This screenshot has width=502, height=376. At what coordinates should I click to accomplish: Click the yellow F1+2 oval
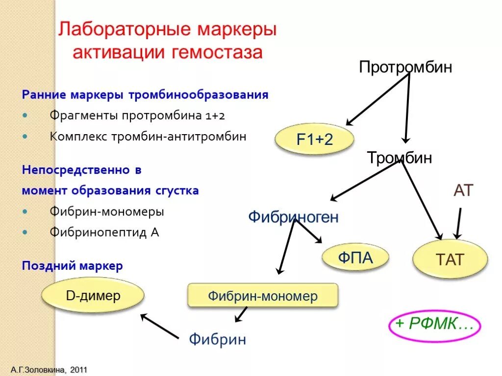click(314, 140)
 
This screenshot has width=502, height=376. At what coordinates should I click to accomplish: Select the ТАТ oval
click(450, 259)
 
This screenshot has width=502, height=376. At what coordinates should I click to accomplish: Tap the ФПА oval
click(355, 258)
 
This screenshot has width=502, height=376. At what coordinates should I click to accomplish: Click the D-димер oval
click(93, 296)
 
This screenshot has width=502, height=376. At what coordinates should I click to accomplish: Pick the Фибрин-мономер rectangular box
click(263, 296)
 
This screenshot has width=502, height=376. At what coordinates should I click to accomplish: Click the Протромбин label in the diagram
click(405, 67)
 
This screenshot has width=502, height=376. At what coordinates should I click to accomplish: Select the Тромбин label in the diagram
click(400, 158)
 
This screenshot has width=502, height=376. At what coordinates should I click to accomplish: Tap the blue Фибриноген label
click(293, 216)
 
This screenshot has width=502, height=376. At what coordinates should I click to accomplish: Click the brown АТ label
click(463, 191)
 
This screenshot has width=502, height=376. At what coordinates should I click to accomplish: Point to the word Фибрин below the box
click(218, 339)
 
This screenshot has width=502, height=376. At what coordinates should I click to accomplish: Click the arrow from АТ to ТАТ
click(458, 223)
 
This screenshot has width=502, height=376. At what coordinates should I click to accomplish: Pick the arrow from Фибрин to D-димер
click(159, 326)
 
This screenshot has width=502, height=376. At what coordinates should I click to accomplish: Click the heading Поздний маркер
click(72, 266)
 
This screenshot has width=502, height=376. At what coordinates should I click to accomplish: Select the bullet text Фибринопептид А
click(104, 233)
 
